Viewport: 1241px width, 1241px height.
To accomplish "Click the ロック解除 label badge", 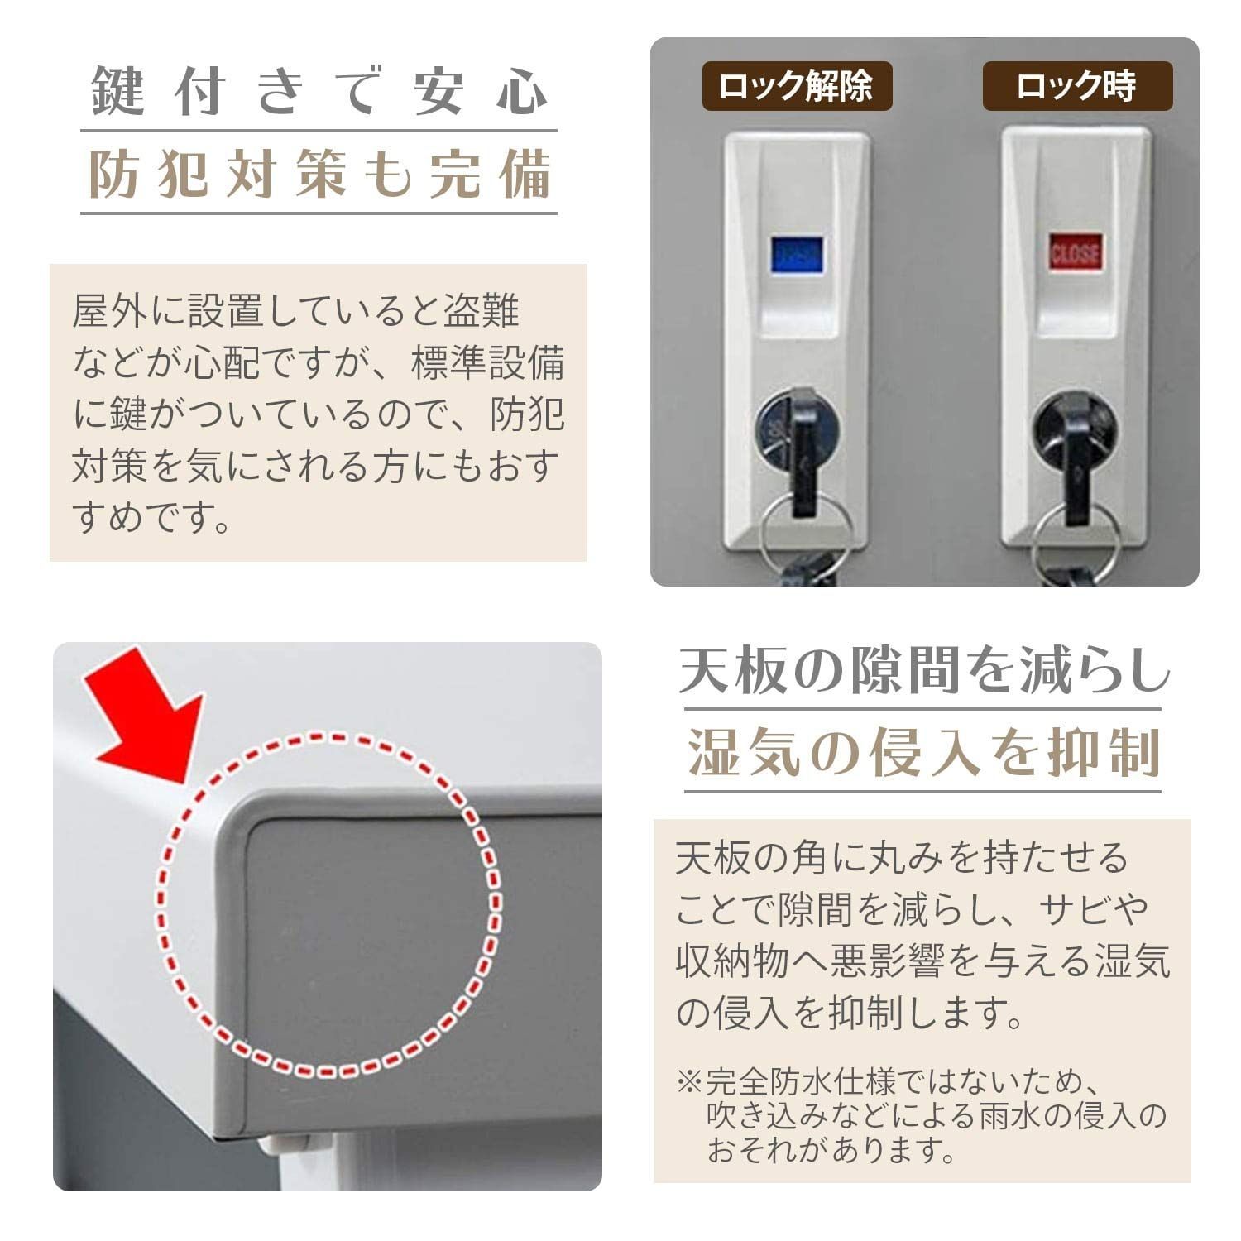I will tap(797, 86).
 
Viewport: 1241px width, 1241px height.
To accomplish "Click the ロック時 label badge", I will tap(1077, 86).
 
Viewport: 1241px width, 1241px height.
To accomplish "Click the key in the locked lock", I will tap(1076, 463).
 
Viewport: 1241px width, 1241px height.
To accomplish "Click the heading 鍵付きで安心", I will tap(319, 91).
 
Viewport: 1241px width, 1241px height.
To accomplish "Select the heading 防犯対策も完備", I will tap(319, 175).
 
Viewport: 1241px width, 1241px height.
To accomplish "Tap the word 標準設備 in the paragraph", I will tap(488, 363).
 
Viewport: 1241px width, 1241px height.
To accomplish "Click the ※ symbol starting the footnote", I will tap(688, 1081).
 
